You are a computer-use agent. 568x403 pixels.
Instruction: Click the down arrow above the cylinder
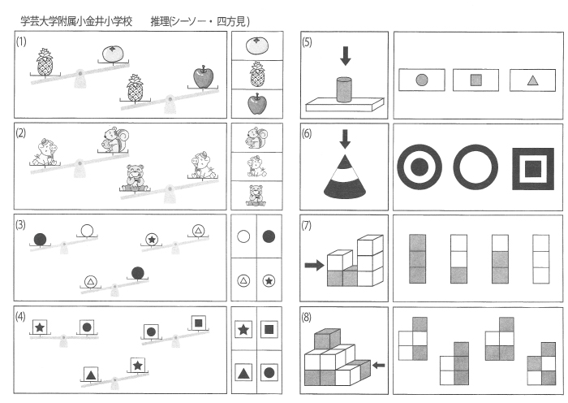click(x=346, y=55)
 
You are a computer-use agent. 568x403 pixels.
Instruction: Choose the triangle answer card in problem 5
click(x=532, y=80)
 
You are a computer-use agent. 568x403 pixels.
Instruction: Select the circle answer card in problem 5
click(x=421, y=80)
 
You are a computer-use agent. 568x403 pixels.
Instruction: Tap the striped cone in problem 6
click(x=345, y=175)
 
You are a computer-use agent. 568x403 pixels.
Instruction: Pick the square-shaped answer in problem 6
click(x=532, y=167)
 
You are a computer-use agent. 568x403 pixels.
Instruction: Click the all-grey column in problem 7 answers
click(x=417, y=258)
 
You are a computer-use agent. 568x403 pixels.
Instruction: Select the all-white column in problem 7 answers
click(x=540, y=258)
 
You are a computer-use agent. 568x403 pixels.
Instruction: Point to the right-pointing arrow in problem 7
click(x=313, y=264)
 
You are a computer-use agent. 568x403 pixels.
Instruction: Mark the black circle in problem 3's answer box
click(x=269, y=237)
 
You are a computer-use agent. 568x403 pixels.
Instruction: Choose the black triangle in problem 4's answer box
click(x=243, y=373)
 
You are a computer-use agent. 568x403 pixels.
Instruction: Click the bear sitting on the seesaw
click(x=136, y=176)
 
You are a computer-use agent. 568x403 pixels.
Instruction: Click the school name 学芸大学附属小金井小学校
click(x=75, y=20)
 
